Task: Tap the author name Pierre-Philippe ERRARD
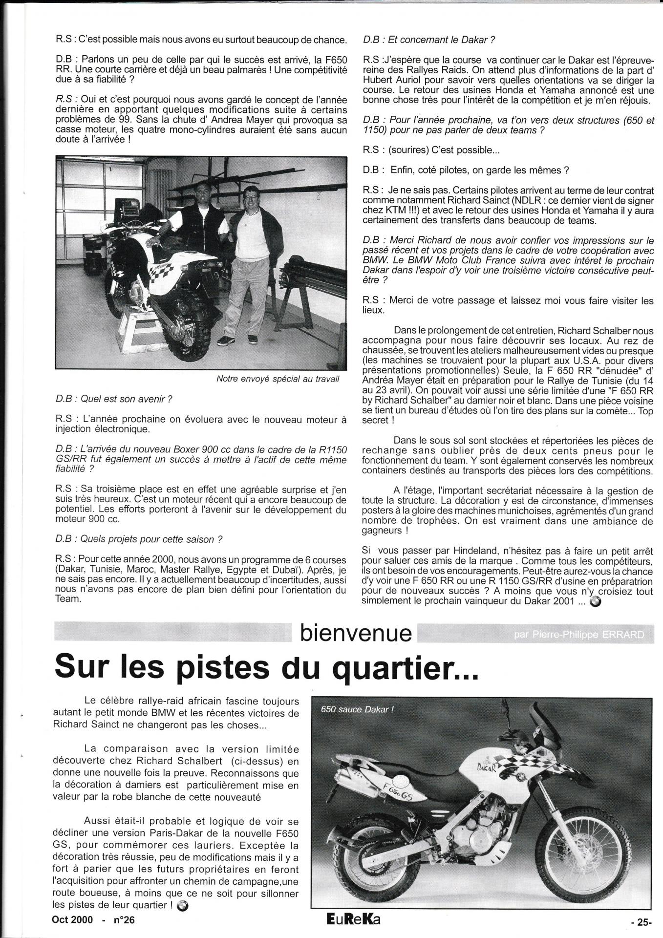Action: (579, 635)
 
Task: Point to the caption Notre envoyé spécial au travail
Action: (278, 379)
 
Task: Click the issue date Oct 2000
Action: (72, 919)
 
